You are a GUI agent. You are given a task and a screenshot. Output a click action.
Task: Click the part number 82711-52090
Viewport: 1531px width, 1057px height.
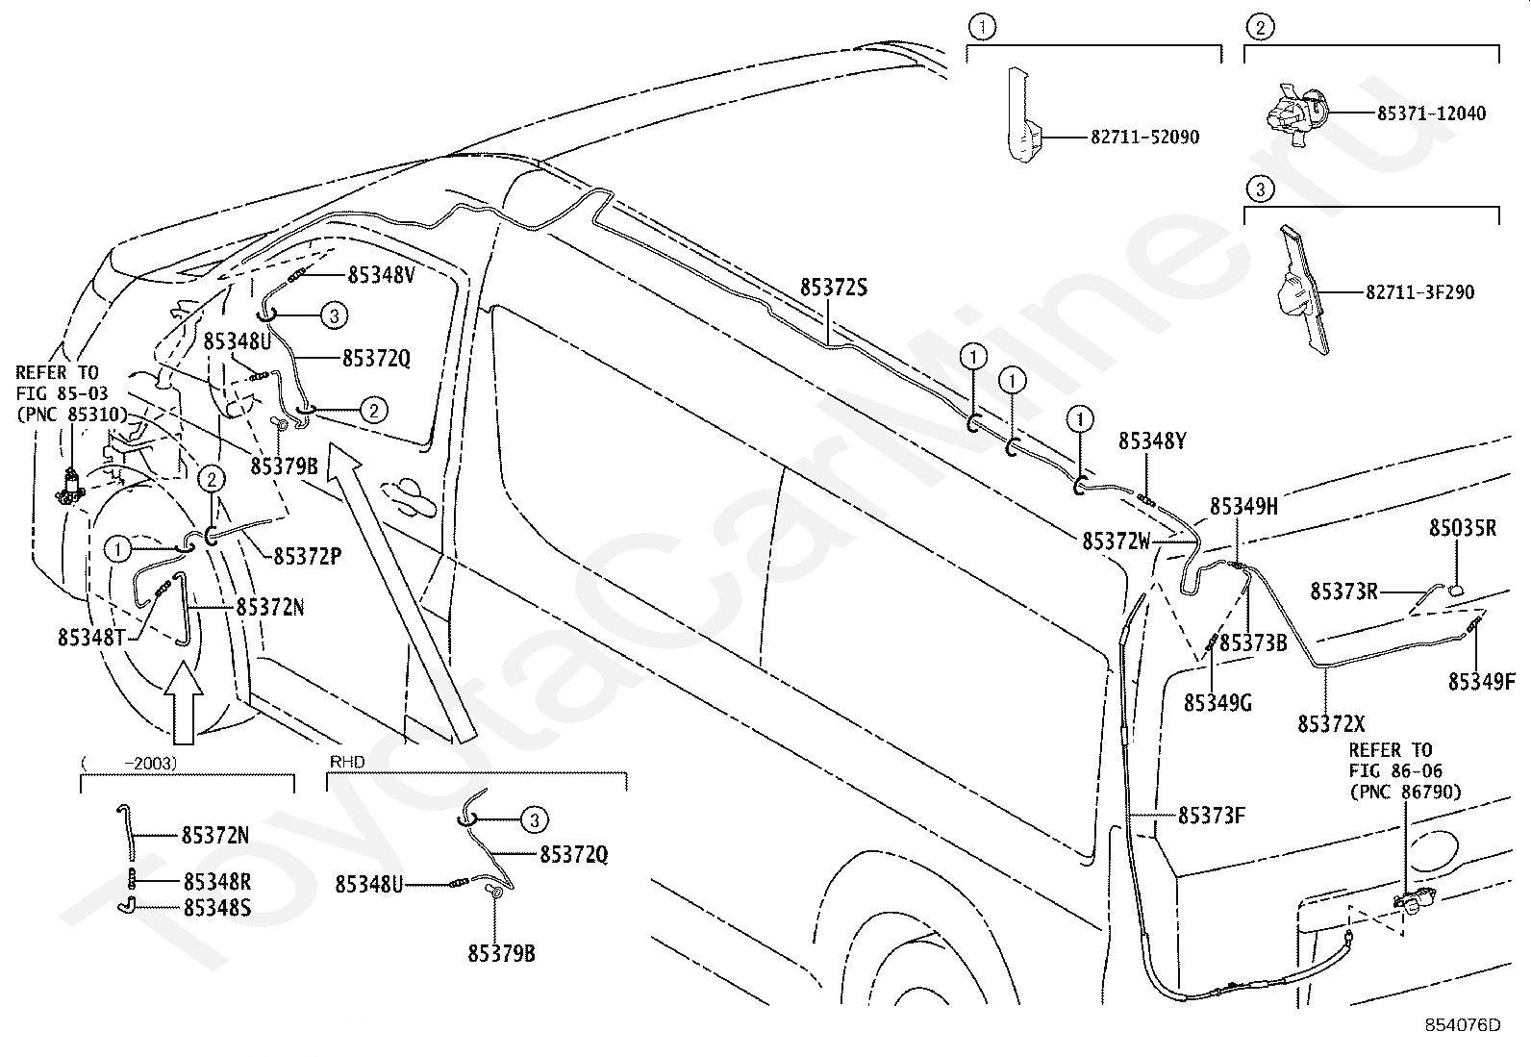[x=1144, y=138]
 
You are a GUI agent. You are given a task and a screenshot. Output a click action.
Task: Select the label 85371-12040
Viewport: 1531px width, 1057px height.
[x=1431, y=113]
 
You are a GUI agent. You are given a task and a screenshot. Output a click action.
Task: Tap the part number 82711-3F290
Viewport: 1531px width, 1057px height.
[x=1420, y=292]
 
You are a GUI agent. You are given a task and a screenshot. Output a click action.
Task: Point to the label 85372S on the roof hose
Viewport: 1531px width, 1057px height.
[x=833, y=288]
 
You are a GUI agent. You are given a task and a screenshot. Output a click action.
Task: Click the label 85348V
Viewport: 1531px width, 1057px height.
[x=382, y=275]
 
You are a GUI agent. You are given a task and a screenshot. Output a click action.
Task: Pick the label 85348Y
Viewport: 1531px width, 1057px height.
[x=1152, y=441]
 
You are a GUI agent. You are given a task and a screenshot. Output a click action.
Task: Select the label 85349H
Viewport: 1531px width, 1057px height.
[x=1244, y=507]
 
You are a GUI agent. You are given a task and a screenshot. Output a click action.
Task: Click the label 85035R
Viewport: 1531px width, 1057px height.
[x=1463, y=528]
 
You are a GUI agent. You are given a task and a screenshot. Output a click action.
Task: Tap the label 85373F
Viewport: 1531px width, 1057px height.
[x=1212, y=816]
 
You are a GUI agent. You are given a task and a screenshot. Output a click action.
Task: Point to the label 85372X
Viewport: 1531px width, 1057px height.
[x=1331, y=724]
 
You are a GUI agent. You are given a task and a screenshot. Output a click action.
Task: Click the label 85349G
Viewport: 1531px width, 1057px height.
[x=1217, y=703]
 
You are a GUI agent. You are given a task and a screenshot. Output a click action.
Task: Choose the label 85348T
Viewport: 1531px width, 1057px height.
[x=91, y=638]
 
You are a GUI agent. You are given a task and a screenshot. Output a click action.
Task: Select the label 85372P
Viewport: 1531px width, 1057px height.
[x=308, y=557]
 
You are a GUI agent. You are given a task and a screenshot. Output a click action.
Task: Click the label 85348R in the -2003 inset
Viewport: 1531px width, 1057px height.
[x=217, y=882]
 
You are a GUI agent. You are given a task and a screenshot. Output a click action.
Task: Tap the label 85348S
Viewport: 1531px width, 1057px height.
[x=217, y=908]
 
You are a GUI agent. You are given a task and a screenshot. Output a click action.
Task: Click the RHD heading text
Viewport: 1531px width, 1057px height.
[x=347, y=762]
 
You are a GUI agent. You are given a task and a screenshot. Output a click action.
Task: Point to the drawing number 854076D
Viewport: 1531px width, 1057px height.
[x=1463, y=1025]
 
